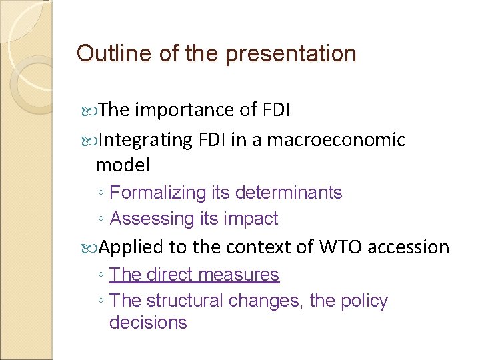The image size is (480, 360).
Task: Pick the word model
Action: tap(123, 164)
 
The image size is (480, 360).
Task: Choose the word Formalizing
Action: tap(158, 193)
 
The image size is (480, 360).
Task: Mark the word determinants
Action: tap(289, 193)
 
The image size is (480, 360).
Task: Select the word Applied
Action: tap(133, 247)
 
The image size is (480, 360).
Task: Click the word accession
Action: tap(409, 247)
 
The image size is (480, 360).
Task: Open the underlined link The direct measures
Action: tap(194, 275)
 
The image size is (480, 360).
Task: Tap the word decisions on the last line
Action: tap(148, 323)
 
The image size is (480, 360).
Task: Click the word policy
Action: tap(364, 301)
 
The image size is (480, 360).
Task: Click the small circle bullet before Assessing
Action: tap(99, 219)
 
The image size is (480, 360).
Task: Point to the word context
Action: tap(253, 247)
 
